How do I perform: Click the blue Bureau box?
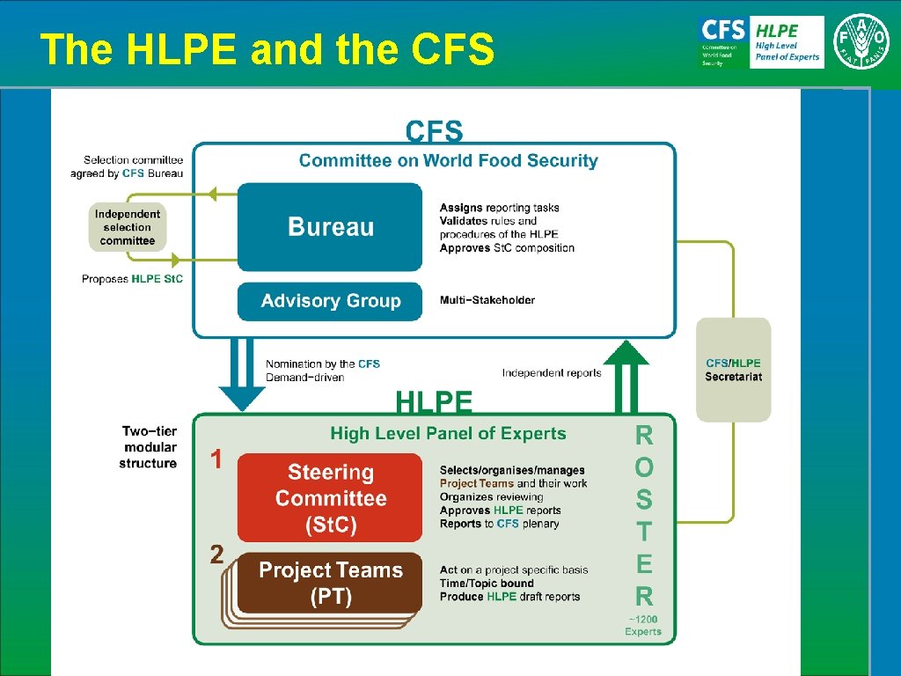pyautogui.click(x=330, y=226)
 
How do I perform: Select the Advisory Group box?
pyautogui.click(x=330, y=301)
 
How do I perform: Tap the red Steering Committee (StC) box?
pyautogui.click(x=330, y=498)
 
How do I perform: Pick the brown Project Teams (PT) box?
pyautogui.click(x=330, y=583)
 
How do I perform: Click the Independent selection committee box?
pyautogui.click(x=128, y=227)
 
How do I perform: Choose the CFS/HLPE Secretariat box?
pyautogui.click(x=733, y=370)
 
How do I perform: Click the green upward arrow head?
pyautogui.click(x=626, y=352)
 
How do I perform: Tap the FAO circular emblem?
pyautogui.click(x=861, y=41)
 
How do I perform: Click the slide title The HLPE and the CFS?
pyautogui.click(x=267, y=49)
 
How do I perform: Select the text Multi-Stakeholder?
pyautogui.click(x=487, y=300)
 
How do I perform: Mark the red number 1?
pyautogui.click(x=215, y=459)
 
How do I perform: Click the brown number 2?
pyautogui.click(x=216, y=555)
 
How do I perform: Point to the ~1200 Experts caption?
pyautogui.click(x=643, y=625)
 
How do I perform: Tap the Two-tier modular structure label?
pyautogui.click(x=149, y=447)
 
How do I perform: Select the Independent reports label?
pyautogui.click(x=552, y=372)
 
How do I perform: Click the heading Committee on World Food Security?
pyautogui.click(x=448, y=160)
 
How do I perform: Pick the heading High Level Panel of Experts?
pyautogui.click(x=448, y=433)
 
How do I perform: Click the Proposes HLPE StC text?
pyautogui.click(x=133, y=279)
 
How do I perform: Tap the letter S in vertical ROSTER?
pyautogui.click(x=644, y=499)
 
